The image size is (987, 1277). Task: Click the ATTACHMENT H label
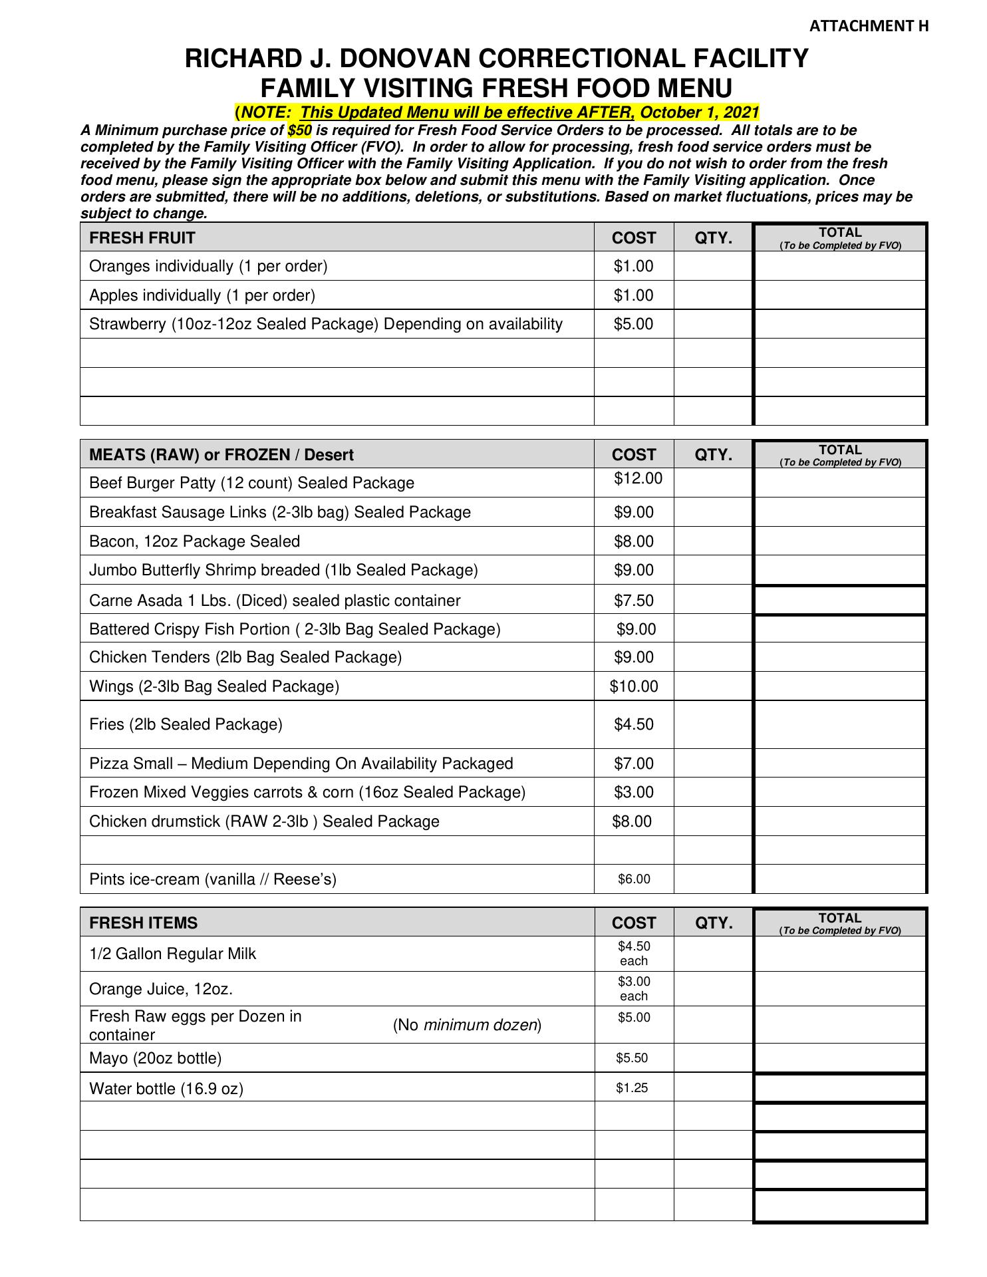click(869, 26)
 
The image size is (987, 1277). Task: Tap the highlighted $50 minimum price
click(299, 130)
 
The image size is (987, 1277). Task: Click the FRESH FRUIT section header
click(142, 238)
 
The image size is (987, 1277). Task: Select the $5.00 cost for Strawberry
click(633, 324)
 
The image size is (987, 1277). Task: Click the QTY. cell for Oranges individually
click(713, 266)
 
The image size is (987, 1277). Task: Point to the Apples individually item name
click(202, 295)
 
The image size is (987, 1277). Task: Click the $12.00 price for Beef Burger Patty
click(638, 478)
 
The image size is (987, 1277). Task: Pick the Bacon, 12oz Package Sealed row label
click(194, 541)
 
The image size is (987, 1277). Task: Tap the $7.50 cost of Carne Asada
click(633, 601)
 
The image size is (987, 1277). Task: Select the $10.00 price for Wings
click(634, 686)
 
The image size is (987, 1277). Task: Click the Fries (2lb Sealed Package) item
click(186, 724)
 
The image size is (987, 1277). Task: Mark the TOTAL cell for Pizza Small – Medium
click(840, 764)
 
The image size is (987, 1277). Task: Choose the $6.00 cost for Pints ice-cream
click(634, 879)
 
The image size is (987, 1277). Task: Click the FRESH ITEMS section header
click(143, 923)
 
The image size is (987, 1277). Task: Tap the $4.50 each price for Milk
click(634, 953)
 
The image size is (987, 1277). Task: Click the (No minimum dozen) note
click(467, 1025)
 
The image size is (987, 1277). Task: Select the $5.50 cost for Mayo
click(632, 1058)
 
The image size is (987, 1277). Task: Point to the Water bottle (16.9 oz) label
click(166, 1089)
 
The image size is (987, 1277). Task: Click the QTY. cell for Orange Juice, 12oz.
click(713, 989)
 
